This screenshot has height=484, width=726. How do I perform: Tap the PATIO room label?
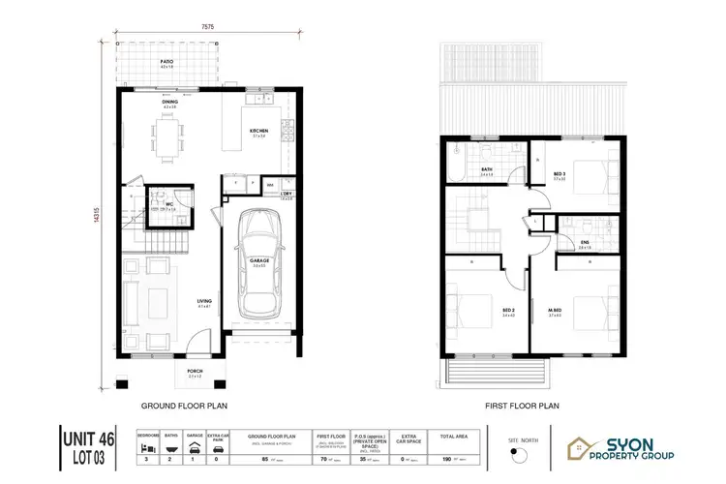[x=166, y=61]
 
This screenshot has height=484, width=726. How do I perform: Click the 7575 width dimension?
[x=208, y=28]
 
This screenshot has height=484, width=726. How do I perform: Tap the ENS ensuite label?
[x=586, y=243]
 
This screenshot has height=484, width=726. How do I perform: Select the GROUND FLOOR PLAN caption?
[x=184, y=408]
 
